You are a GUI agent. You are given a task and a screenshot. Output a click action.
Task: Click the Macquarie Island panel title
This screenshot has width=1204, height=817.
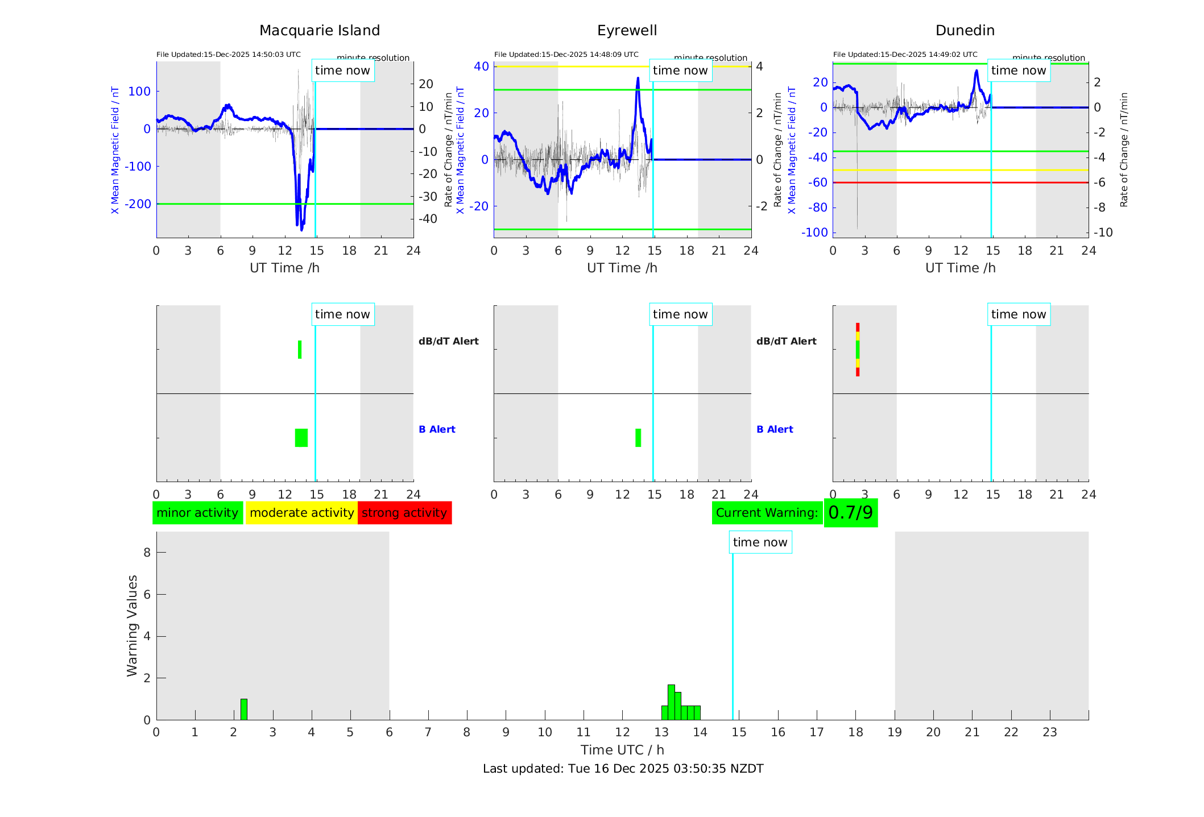point(319,31)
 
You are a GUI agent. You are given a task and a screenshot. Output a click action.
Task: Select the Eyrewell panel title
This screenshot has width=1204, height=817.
point(627,31)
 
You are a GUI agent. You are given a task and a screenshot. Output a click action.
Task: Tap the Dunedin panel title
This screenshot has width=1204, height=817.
point(965,31)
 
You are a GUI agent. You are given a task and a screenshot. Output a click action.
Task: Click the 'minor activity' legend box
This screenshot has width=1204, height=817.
point(197,513)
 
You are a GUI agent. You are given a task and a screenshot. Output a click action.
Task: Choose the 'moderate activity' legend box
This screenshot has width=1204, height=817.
point(301,513)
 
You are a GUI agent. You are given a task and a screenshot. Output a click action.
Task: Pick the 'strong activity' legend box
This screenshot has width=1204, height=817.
point(404,513)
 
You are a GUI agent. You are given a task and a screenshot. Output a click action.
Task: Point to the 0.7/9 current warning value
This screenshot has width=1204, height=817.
point(850,513)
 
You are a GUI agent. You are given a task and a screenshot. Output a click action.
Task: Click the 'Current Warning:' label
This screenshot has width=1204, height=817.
point(767,513)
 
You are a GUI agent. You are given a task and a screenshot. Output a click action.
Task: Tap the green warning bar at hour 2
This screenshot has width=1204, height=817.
point(244,710)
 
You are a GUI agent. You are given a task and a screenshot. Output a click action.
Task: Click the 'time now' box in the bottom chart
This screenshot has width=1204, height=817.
point(760,542)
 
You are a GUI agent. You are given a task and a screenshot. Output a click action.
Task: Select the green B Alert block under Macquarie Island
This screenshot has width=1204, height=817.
point(301,438)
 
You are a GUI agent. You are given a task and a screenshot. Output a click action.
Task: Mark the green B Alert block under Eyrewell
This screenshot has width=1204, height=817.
point(638,438)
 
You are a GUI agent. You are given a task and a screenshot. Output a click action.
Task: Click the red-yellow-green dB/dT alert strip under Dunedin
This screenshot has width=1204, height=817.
point(858,350)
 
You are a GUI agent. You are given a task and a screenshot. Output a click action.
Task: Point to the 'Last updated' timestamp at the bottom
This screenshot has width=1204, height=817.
point(623,769)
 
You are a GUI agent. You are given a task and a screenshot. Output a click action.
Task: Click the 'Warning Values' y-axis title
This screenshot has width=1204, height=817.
point(133,625)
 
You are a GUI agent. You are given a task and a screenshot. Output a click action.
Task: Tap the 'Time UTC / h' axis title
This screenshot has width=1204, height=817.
point(622,750)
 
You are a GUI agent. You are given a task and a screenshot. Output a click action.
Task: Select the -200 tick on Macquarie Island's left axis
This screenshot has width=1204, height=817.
point(138,204)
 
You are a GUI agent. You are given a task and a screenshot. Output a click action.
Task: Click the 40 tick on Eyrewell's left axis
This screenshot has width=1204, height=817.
point(481,67)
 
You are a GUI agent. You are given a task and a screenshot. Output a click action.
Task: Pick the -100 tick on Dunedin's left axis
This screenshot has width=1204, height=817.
point(814,233)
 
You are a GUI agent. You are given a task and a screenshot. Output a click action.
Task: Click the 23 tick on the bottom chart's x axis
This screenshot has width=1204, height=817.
point(1049,732)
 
